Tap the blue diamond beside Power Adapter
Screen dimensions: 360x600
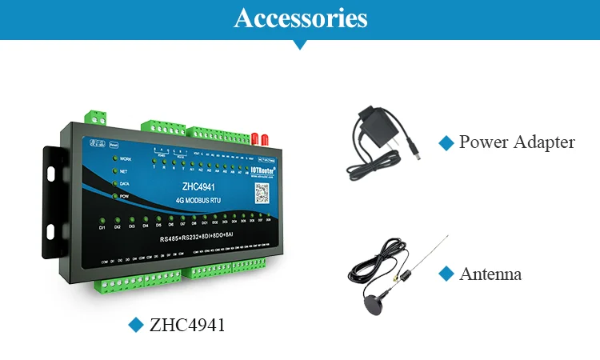(446, 142)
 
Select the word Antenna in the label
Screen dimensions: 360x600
(490, 274)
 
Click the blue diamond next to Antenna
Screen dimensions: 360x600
(446, 274)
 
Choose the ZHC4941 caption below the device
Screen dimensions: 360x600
(187, 325)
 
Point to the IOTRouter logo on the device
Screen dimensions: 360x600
(262, 170)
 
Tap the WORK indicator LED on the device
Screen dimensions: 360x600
(114, 158)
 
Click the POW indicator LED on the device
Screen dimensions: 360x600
(114, 195)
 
